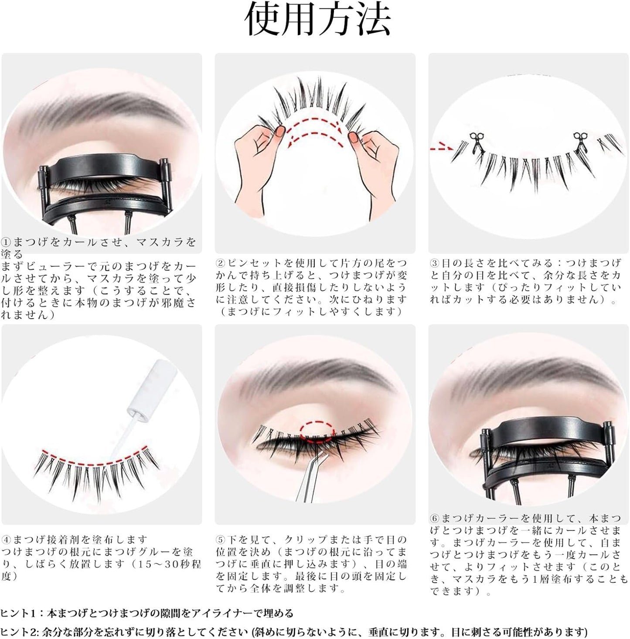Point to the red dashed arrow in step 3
[x=441, y=149]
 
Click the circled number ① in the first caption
[x=6, y=242]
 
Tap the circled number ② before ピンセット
[x=221, y=263]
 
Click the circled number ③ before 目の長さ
[x=434, y=263]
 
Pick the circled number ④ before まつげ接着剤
[x=6, y=540]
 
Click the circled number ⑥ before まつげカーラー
[x=434, y=518]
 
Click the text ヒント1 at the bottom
[x=17, y=613]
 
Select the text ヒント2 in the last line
[x=17, y=632]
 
